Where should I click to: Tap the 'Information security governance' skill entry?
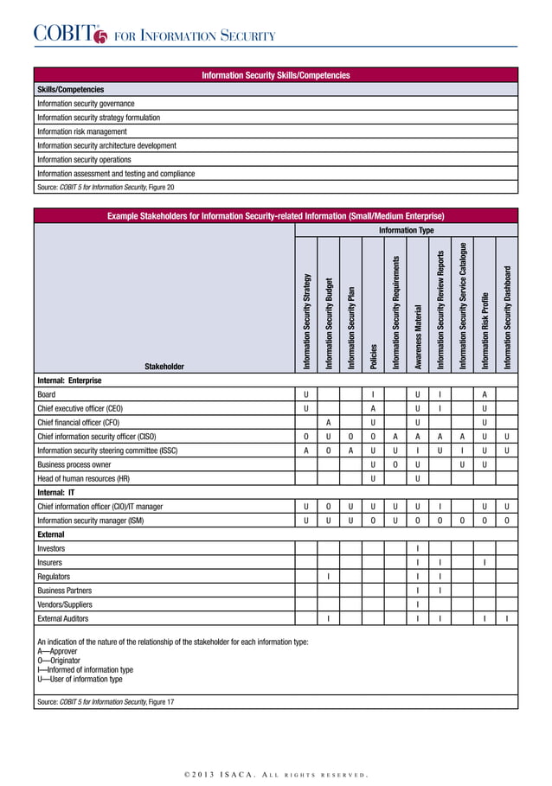(x=86, y=104)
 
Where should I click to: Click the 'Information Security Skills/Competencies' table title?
(x=275, y=76)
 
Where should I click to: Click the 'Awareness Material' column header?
(x=418, y=337)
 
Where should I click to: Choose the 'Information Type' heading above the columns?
(x=406, y=232)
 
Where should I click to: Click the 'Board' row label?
(x=46, y=394)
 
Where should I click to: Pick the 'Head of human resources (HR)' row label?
(x=83, y=478)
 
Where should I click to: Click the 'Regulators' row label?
(x=54, y=576)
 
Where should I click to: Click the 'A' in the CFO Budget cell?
(x=328, y=422)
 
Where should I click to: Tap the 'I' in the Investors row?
(x=418, y=548)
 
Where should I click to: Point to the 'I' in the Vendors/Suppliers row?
(x=418, y=604)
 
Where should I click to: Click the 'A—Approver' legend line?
(x=57, y=651)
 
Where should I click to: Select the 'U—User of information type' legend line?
(x=80, y=680)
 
